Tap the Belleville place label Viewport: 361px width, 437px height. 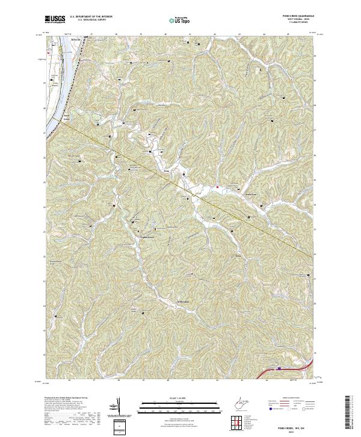(76, 39)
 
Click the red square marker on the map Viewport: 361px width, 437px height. (217, 187)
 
